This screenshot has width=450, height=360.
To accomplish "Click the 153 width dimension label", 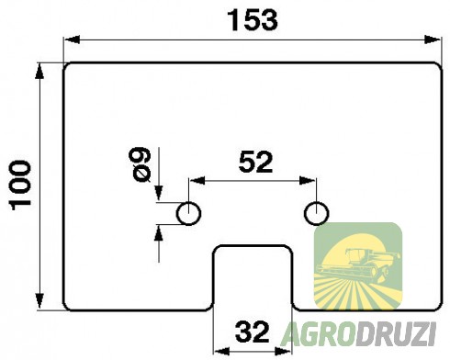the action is coord(250,20).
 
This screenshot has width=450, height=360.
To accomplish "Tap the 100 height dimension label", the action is coord(20,185).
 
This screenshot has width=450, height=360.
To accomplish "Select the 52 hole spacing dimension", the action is coord(254,163).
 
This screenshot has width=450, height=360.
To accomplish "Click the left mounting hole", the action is coord(190,213).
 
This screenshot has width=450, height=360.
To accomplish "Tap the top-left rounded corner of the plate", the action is coord(68,67).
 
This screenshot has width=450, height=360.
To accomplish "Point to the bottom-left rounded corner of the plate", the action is coord(68,306).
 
